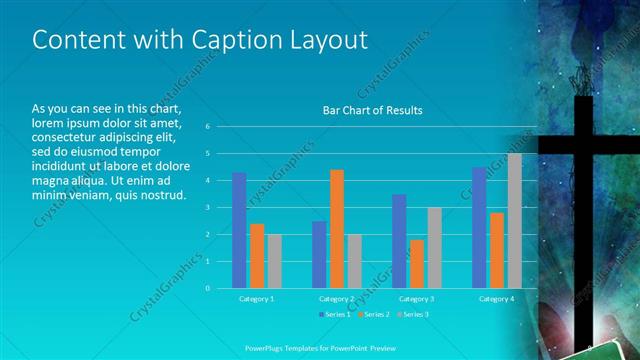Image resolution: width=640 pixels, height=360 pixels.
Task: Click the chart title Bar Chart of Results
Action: click(x=372, y=110)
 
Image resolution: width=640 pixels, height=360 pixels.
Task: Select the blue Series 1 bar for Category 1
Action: click(x=239, y=230)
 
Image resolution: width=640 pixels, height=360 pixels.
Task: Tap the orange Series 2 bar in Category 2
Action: click(x=337, y=229)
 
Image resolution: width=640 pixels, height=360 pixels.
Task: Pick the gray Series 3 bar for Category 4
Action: click(x=514, y=221)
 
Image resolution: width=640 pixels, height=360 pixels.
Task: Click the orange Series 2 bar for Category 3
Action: click(x=417, y=264)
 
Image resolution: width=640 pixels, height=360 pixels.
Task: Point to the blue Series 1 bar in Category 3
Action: click(x=399, y=241)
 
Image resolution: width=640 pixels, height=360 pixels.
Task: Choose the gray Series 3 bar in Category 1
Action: click(x=274, y=261)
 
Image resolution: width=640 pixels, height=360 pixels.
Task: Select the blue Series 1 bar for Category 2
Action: click(x=319, y=255)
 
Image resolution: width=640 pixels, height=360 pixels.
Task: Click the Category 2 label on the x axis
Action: click(x=337, y=298)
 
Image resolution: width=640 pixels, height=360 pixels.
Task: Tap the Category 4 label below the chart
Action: click(x=496, y=298)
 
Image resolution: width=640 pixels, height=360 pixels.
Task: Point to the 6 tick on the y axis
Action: click(x=207, y=127)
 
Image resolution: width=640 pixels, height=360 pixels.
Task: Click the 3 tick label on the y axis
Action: click(x=207, y=208)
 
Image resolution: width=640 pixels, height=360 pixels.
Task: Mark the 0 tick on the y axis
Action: click(x=207, y=288)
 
